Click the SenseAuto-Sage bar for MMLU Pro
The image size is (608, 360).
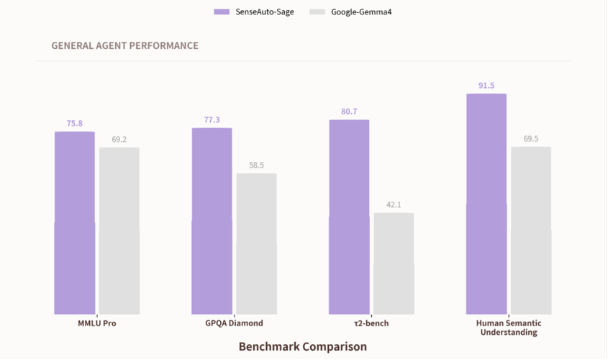pyautogui.click(x=75, y=223)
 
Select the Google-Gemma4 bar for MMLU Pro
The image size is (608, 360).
pyautogui.click(x=119, y=231)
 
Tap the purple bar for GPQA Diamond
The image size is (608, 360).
pyautogui.click(x=212, y=221)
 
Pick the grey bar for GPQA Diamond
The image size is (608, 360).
pyautogui.click(x=256, y=244)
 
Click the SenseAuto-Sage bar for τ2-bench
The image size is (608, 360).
pyautogui.click(x=349, y=217)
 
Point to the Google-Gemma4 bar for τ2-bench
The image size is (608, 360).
pyautogui.click(x=394, y=264)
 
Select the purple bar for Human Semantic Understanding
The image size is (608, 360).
pyautogui.click(x=486, y=204)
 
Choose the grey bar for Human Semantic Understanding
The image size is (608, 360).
pyautogui.click(x=531, y=230)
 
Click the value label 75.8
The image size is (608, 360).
pyautogui.click(x=75, y=124)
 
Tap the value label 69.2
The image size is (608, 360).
pyautogui.click(x=119, y=140)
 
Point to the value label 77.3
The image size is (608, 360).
pyautogui.click(x=212, y=120)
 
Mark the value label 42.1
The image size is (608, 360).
pyautogui.click(x=394, y=205)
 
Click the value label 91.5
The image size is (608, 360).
pyautogui.click(x=486, y=86)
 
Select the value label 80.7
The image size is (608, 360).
pyautogui.click(x=349, y=112)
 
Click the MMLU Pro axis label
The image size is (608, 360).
pyautogui.click(x=97, y=323)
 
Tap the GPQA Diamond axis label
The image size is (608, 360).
pyautogui.click(x=234, y=323)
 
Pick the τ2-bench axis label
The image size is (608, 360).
pyautogui.click(x=371, y=323)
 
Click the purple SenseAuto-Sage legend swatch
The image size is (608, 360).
pyautogui.click(x=222, y=12)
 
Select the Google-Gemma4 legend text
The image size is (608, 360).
pyautogui.click(x=361, y=12)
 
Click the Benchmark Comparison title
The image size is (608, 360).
pyautogui.click(x=302, y=346)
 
